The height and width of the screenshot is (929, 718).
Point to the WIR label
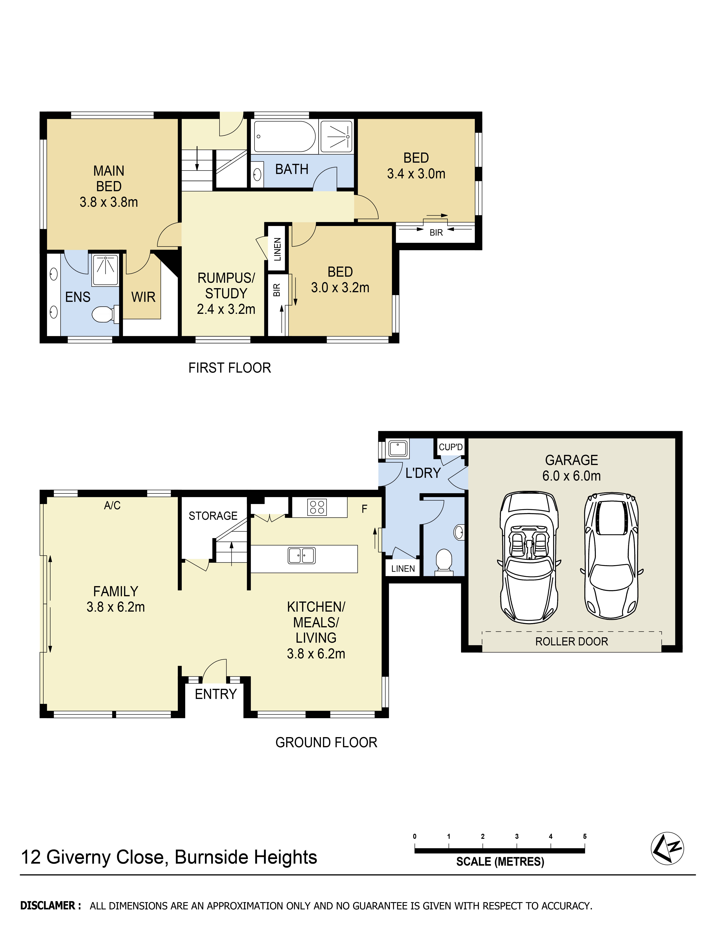[143, 297]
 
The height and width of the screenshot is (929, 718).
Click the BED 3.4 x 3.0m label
[416, 166]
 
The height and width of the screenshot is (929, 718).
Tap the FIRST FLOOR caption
[230, 368]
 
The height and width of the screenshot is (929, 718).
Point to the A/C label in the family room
[112, 505]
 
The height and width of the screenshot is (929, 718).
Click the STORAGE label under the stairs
[213, 516]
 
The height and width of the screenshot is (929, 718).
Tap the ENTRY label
[216, 694]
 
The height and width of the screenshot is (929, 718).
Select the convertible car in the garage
[529, 557]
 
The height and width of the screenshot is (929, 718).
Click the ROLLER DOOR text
[571, 642]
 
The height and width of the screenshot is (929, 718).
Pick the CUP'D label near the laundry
[450, 447]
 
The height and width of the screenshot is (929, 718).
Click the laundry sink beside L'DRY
[398, 448]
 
